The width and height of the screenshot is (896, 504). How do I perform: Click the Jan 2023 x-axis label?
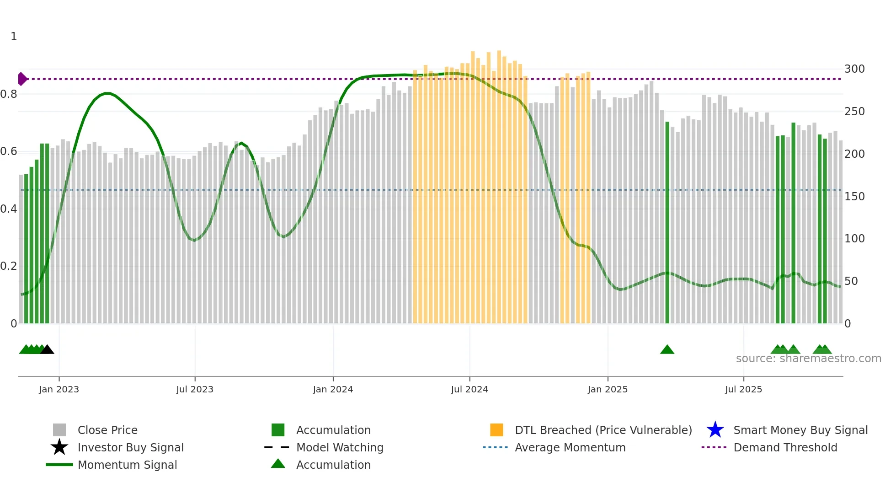click(59, 390)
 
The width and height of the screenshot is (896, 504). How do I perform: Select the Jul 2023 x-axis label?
click(195, 390)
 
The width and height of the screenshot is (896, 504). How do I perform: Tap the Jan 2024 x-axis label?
click(333, 390)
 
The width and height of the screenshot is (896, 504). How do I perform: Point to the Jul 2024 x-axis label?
click(469, 390)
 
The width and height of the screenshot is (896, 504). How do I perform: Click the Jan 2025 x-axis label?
click(608, 390)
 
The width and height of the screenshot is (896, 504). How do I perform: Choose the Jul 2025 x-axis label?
click(743, 390)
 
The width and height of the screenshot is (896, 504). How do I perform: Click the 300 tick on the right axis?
click(854, 69)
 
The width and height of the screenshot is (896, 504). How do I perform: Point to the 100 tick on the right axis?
click(854, 239)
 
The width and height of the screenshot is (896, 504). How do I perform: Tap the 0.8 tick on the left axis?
click(9, 94)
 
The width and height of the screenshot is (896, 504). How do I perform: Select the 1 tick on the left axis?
click(14, 37)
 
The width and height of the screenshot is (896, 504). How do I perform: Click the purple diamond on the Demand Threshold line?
click(22, 79)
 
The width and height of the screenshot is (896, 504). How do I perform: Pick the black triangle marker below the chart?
click(47, 350)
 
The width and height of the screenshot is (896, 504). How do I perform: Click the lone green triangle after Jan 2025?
click(667, 350)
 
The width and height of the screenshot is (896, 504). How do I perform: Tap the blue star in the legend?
click(715, 430)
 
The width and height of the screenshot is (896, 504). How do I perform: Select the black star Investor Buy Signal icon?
click(59, 447)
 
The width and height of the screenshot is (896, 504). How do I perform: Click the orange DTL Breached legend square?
click(496, 430)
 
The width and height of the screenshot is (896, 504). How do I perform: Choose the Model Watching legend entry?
click(340, 447)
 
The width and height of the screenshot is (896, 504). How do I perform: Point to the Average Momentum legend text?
click(570, 447)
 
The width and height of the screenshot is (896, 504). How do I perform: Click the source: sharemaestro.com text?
click(808, 359)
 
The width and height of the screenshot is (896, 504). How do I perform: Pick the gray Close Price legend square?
click(59, 430)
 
